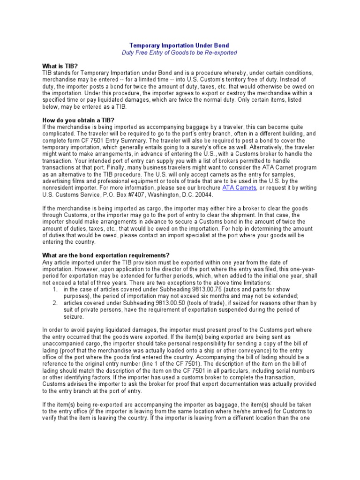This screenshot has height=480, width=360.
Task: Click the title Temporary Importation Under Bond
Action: [180, 45]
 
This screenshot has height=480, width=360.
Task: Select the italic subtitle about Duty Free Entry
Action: [180, 53]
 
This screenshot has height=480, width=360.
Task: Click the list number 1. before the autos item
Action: [55, 290]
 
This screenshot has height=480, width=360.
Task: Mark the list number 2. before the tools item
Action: [55, 303]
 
